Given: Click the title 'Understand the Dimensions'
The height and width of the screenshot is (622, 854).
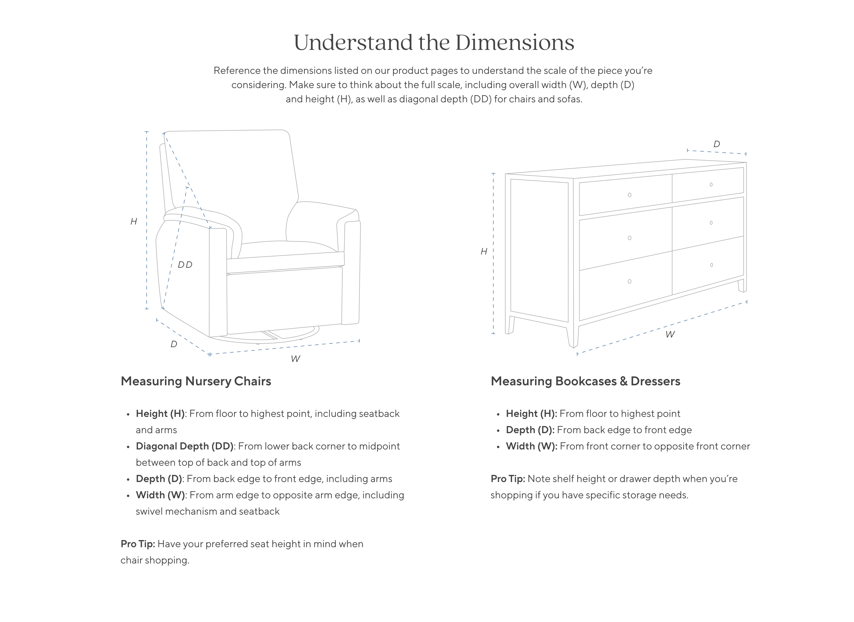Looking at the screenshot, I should coord(434,43).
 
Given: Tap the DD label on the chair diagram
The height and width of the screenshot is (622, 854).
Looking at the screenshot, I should coord(185,265).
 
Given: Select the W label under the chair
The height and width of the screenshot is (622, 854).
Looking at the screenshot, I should coord(295,359).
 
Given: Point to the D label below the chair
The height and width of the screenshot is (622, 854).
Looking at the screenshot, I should coord(174,344).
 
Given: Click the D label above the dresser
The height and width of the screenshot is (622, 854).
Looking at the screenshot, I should coord(716,144).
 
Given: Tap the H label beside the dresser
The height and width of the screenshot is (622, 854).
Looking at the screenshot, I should coord(484,251).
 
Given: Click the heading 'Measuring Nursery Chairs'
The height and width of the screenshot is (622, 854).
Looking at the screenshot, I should coord(196,381).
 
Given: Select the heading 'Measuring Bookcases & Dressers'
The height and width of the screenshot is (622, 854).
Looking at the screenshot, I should coord(586,381).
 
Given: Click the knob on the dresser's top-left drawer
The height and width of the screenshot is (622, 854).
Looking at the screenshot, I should coord(630,195).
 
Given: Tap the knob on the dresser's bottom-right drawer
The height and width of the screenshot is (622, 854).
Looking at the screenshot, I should coord(711,265).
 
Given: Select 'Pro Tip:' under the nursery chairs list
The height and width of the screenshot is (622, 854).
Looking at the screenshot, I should coord(138,544).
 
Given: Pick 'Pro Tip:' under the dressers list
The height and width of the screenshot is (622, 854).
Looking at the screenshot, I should coord(508,479).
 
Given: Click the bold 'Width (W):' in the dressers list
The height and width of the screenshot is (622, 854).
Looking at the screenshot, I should coord(531,446).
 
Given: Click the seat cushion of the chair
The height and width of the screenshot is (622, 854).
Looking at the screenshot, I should coord(286,251).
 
